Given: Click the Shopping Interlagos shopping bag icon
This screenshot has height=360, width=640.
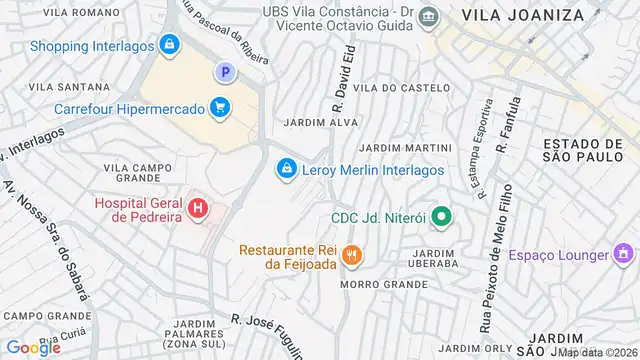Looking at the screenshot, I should click(x=169, y=45).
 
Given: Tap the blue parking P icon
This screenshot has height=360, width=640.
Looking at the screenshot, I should click(x=225, y=72).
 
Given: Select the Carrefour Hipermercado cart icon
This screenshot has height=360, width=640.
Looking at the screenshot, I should click(x=219, y=106).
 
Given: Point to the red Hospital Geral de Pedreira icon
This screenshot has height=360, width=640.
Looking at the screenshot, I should click(x=198, y=209).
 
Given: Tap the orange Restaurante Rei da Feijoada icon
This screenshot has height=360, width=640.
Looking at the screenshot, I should click(x=350, y=255).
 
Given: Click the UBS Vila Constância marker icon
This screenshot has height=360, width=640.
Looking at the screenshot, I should click(x=429, y=17).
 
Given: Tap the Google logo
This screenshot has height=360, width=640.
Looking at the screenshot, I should click(x=34, y=347).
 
